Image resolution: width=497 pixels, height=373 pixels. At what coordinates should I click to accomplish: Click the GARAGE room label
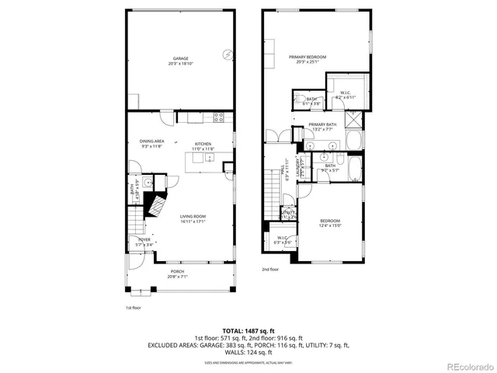tap(181, 59)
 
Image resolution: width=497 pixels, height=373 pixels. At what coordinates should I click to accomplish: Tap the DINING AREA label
tap(151, 141)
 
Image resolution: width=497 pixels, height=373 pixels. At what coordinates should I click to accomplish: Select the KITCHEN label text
tap(203, 144)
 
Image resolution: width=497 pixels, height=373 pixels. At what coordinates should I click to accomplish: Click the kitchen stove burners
tap(219, 118)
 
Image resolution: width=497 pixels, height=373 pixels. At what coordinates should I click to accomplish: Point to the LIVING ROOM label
tap(192, 217)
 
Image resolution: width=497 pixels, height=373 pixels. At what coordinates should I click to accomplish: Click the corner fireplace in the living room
tap(158, 207)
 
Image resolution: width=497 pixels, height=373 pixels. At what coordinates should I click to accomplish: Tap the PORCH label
tap(179, 271)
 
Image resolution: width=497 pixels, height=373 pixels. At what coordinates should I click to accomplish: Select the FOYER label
tap(144, 239)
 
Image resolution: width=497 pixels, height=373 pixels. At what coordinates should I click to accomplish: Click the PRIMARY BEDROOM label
tap(307, 57)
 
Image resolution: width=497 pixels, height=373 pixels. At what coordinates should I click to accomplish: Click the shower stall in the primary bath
tap(353, 120)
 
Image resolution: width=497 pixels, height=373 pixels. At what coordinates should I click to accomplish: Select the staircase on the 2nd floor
tap(272, 187)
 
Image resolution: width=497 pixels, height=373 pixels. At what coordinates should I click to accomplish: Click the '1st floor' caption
tap(134, 308)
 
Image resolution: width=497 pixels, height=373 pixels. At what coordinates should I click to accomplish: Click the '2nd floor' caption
tap(269, 270)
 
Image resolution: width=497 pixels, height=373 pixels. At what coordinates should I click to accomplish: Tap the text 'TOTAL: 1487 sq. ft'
tap(248, 331)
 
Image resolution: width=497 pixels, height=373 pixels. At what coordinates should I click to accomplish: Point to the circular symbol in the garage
tap(227, 54)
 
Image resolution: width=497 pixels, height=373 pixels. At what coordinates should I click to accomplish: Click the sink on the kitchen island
tap(210, 158)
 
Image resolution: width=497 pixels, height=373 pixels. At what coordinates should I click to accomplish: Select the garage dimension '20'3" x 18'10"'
tap(181, 64)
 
